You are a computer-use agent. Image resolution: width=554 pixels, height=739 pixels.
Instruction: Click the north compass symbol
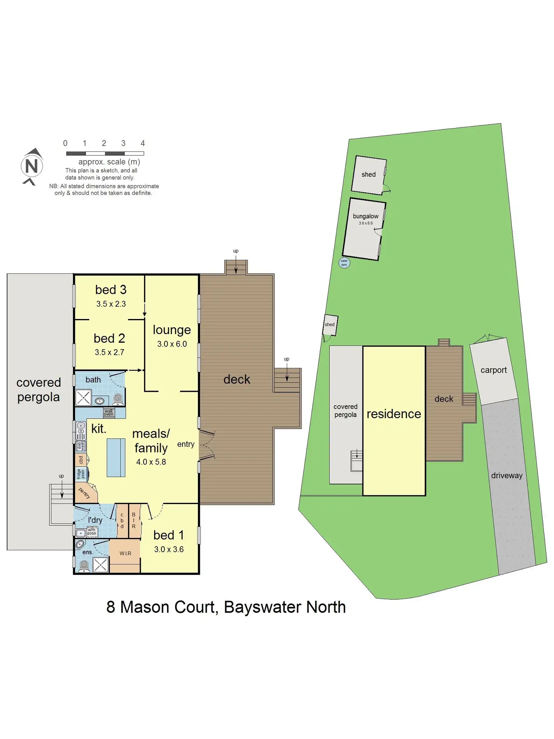click(x=32, y=166)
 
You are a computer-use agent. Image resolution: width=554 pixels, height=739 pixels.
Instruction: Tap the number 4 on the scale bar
click(x=143, y=143)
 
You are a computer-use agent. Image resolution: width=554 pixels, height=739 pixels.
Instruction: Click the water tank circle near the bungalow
click(x=344, y=263)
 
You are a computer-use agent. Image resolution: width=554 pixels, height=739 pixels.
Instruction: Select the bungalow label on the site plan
click(x=365, y=216)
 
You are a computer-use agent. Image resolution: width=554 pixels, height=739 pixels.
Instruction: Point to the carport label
click(x=493, y=370)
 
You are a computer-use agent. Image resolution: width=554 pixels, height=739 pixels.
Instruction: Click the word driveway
click(x=507, y=475)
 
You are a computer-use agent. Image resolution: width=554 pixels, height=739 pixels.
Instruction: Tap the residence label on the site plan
click(x=394, y=414)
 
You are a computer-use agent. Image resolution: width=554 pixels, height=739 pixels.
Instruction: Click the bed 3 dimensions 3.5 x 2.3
click(x=111, y=304)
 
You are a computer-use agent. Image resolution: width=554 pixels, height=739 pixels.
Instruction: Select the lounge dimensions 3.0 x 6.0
click(x=172, y=344)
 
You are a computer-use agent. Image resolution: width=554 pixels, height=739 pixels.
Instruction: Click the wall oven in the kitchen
click(x=108, y=413)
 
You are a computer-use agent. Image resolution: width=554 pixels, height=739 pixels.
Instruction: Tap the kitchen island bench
click(x=116, y=458)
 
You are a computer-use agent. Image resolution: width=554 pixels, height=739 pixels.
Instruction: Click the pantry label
click(x=85, y=493)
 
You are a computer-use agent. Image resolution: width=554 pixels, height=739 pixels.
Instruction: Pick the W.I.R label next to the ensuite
click(x=125, y=553)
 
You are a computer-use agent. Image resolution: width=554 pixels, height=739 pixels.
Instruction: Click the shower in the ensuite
click(x=100, y=565)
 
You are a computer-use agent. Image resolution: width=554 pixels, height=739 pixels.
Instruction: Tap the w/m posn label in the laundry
click(x=91, y=531)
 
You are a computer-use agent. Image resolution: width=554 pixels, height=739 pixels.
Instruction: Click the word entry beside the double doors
click(x=186, y=444)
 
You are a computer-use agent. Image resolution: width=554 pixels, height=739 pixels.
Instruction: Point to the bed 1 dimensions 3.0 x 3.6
click(x=169, y=549)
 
